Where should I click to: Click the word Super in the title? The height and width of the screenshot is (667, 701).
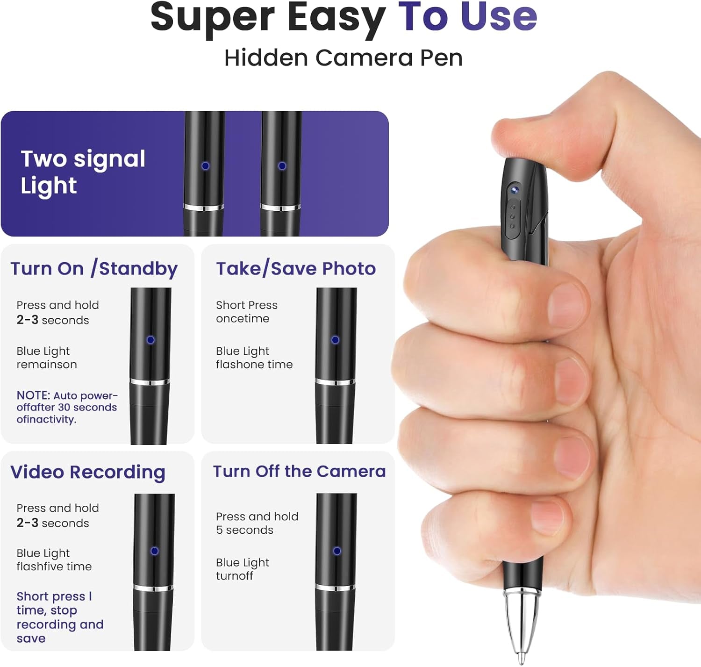tap(213, 18)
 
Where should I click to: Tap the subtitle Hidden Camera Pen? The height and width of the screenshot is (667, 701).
tap(343, 57)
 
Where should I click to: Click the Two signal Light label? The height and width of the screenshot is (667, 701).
tap(83, 172)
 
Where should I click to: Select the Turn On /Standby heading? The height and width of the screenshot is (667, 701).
tap(94, 269)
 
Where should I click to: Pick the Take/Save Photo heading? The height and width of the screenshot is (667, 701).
tap(296, 269)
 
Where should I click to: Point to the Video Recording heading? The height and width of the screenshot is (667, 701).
tap(88, 473)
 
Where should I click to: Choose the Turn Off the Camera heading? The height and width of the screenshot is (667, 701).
tap(300, 471)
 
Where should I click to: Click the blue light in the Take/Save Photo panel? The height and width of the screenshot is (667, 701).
tap(335, 340)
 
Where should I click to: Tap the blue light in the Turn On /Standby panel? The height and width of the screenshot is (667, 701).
tap(150, 340)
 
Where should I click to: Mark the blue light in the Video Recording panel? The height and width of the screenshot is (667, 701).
tap(154, 551)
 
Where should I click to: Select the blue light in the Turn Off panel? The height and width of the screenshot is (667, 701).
tap(337, 551)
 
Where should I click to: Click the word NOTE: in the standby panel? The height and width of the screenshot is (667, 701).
tap(34, 395)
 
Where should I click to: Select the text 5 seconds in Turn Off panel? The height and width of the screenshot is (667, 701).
tap(244, 530)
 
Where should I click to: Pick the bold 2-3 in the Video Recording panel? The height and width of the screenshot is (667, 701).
tap(28, 523)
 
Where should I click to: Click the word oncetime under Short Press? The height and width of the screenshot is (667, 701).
tap(243, 318)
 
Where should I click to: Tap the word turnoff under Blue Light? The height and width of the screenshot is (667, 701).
tap(235, 576)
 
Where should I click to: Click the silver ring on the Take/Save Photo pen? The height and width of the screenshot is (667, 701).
tap(335, 382)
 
